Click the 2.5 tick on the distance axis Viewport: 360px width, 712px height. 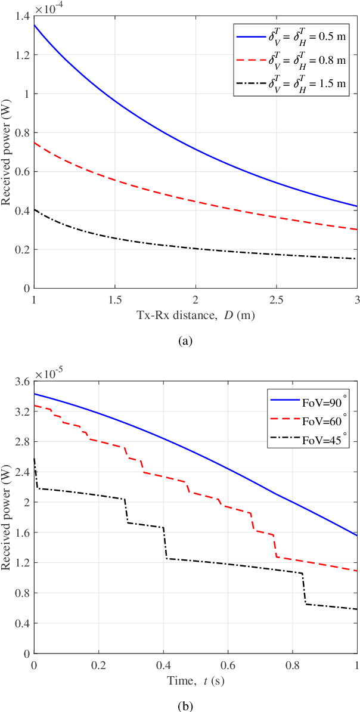(277, 298)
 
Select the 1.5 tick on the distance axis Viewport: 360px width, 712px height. (115, 298)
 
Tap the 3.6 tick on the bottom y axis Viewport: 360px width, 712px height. (23, 382)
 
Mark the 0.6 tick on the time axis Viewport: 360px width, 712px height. (228, 664)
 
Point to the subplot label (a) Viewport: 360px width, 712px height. (187, 342)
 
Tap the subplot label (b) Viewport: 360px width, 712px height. (187, 706)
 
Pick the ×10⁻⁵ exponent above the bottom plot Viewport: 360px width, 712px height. (49, 373)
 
